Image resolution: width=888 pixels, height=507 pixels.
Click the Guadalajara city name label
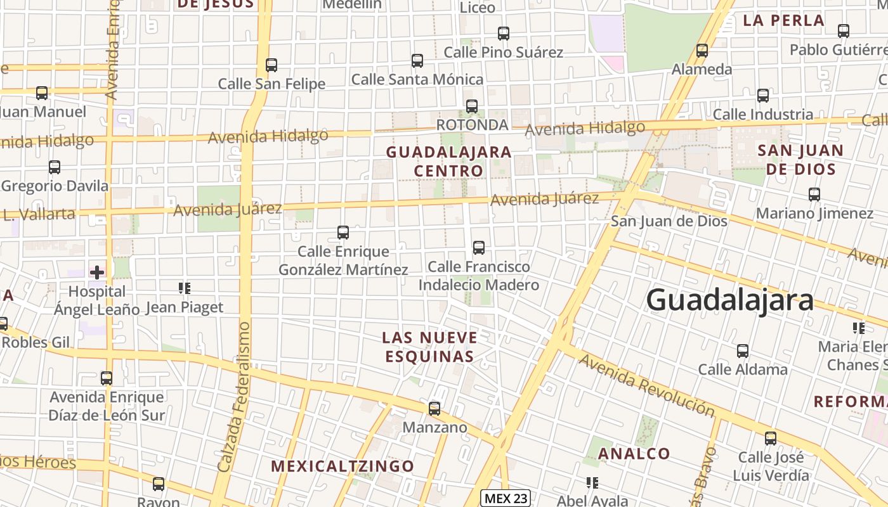point(729,300)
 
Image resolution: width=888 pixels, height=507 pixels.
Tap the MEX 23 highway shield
point(505,498)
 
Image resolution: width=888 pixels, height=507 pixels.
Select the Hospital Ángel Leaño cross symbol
point(96,273)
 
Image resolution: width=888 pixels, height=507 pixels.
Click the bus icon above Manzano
point(434,409)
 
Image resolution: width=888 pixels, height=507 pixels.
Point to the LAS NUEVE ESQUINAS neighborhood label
point(429,347)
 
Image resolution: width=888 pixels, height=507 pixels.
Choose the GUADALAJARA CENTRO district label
point(448,162)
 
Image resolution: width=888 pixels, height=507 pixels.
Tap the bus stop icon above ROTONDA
point(472,106)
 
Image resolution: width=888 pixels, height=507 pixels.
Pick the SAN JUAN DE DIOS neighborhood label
point(800,160)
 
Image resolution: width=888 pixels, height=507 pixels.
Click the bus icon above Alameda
point(702,51)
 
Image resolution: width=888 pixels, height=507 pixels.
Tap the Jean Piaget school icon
point(185,289)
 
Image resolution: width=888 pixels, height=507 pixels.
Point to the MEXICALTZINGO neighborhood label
point(343,466)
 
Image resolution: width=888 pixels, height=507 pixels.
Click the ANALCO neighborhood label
point(634,454)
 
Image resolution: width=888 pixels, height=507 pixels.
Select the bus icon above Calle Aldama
point(743,350)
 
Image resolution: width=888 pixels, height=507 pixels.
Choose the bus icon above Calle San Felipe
point(271,65)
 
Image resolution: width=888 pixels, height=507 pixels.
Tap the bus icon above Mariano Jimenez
point(814,195)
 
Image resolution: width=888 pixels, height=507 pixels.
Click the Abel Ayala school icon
point(593,484)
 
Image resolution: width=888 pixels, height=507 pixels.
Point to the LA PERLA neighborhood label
point(783,20)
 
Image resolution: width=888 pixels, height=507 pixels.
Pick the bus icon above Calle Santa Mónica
point(417,61)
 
